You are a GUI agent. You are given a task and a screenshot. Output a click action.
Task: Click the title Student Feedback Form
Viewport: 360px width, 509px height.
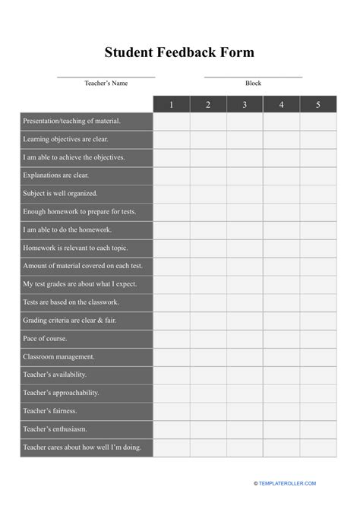[x=180, y=53]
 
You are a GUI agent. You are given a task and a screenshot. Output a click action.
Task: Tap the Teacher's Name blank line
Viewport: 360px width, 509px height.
[x=106, y=76]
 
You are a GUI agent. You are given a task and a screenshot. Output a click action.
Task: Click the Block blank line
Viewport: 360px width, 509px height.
[x=253, y=76]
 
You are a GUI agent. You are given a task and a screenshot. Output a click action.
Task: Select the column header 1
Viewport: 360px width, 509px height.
[x=172, y=104]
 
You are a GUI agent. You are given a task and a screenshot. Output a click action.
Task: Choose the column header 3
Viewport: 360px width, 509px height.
[x=245, y=104]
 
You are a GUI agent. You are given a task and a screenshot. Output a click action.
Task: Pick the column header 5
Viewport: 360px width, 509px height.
[x=318, y=104]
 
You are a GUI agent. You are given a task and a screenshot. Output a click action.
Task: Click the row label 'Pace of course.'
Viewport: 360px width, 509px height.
[x=46, y=338]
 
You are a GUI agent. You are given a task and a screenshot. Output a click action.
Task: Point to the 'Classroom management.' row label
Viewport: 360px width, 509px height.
[x=58, y=356]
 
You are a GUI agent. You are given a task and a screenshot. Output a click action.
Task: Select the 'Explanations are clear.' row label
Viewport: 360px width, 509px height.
[x=56, y=175]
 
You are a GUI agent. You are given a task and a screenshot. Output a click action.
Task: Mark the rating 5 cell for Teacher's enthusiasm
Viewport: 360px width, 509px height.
[x=318, y=429]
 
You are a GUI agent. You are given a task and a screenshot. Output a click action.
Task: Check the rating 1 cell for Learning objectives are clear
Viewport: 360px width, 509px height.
[x=172, y=139]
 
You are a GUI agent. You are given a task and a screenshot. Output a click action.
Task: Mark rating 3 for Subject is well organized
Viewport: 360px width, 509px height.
[x=245, y=194]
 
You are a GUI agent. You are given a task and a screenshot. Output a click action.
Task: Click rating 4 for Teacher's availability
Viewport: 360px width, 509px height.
[x=282, y=375]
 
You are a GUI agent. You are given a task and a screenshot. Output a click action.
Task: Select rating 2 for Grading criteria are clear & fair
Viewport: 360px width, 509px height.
[x=208, y=321]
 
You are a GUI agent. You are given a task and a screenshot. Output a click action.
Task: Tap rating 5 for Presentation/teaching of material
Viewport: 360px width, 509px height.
[x=318, y=121]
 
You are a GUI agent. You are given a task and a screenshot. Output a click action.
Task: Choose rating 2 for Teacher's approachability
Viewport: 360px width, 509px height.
[x=208, y=393]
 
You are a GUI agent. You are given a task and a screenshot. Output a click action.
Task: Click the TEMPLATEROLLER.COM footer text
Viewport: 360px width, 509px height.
[x=289, y=482]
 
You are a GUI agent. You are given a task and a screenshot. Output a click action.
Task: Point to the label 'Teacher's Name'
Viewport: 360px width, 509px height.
[x=106, y=83]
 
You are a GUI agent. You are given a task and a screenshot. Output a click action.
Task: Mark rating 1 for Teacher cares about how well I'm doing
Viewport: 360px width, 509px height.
[x=172, y=447]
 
